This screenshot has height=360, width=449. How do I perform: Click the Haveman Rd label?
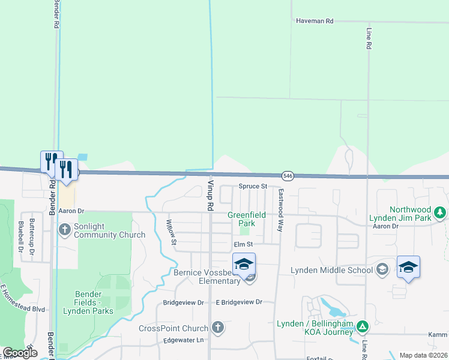314,20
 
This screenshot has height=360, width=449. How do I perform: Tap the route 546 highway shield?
288,175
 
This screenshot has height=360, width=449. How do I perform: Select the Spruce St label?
252,187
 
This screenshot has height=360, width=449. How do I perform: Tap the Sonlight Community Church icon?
65,229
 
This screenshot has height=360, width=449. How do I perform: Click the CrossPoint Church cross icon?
217,328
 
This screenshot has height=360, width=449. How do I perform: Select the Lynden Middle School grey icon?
382,269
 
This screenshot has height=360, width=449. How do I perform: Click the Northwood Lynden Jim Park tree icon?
440,212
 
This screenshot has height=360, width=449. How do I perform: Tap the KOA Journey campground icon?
362,326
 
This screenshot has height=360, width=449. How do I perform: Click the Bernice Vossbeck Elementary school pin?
244,265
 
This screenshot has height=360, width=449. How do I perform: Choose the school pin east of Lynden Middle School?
408,268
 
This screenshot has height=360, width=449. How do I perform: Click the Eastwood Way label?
280,210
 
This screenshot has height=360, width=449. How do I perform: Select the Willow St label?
172,232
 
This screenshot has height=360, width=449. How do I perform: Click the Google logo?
20,353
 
